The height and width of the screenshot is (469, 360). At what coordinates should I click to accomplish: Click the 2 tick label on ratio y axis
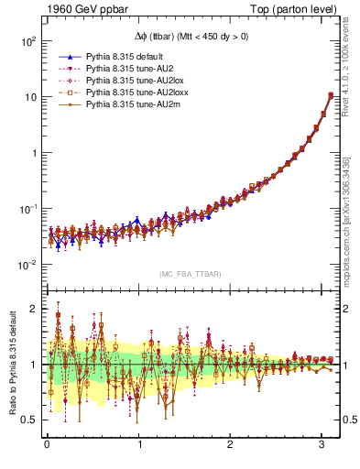[x=32, y=309]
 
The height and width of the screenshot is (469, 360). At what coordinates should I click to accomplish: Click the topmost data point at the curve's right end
[x=331, y=95]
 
